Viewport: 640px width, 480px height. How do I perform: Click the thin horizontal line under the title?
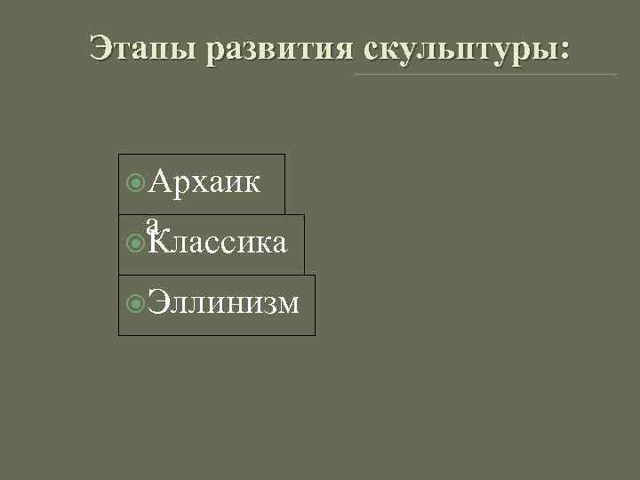point(484,74)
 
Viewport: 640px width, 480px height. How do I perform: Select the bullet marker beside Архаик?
point(136,183)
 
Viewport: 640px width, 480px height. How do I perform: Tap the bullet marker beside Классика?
point(136,243)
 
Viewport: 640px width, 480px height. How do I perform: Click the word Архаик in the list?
point(204,182)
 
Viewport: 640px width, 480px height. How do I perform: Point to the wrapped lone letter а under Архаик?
point(153,222)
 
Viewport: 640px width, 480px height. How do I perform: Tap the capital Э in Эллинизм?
point(157,303)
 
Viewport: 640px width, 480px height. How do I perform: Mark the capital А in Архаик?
point(162,182)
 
